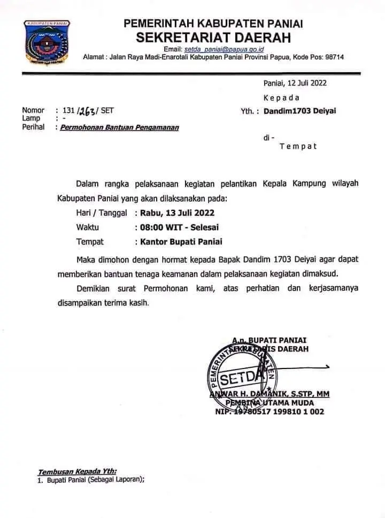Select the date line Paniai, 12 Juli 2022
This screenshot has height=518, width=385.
click(295, 83)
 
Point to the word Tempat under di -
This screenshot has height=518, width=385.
click(298, 146)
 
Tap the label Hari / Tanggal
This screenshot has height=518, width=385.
click(101, 212)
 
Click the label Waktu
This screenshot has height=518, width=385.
click(87, 227)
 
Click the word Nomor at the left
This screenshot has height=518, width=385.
click(33, 111)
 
